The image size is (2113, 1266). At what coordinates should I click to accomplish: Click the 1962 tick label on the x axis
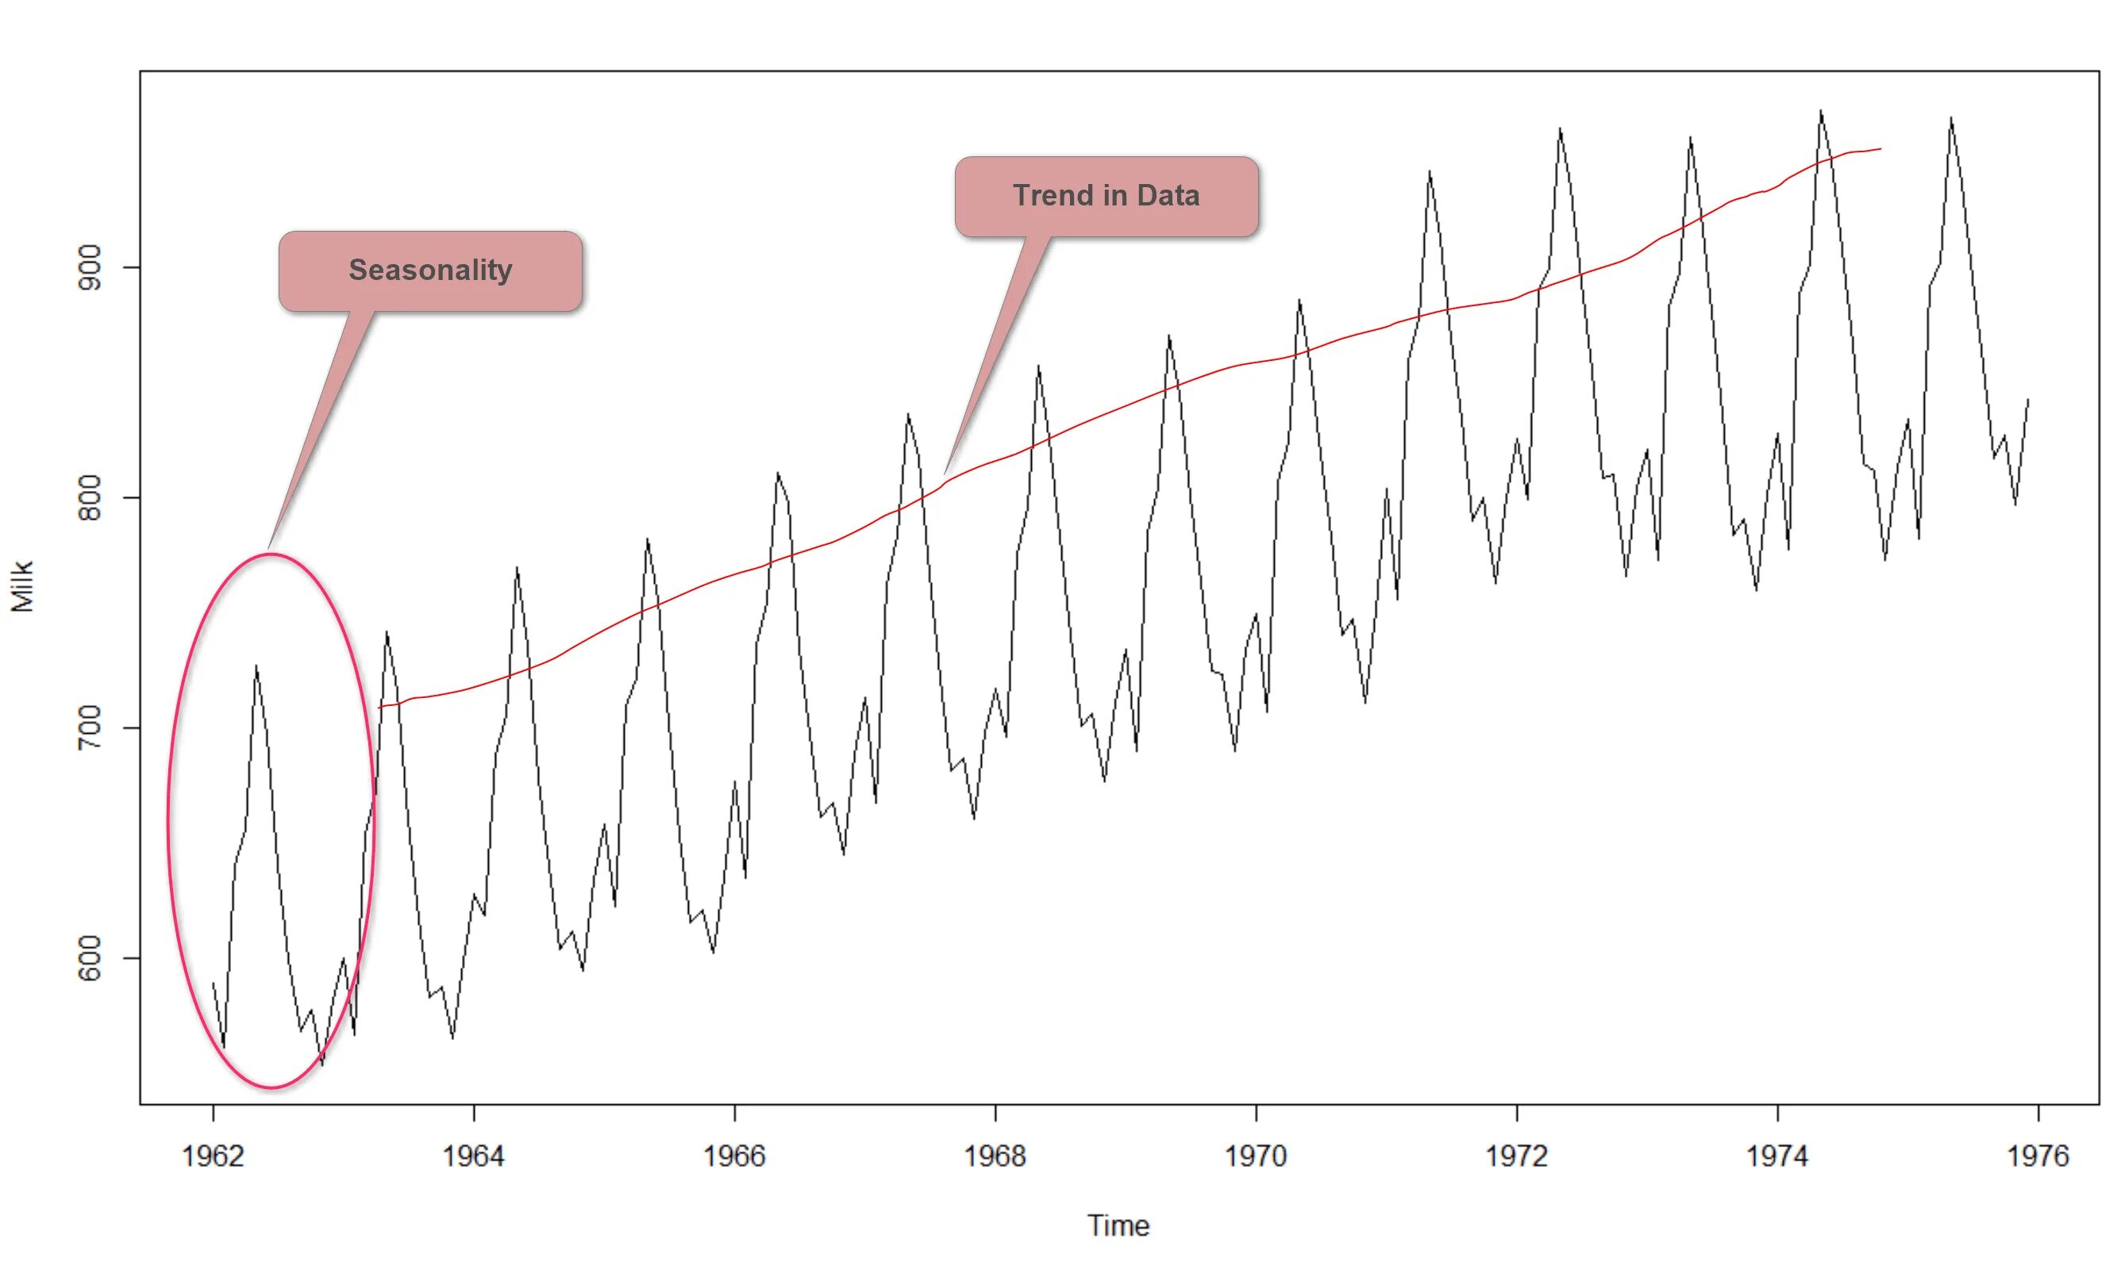tap(213, 1156)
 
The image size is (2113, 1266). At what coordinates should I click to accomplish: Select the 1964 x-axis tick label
tap(474, 1156)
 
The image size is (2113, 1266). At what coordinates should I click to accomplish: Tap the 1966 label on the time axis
tap(734, 1156)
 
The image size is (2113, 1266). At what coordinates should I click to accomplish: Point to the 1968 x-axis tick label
tap(995, 1156)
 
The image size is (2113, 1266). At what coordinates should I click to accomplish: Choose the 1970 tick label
tap(1257, 1156)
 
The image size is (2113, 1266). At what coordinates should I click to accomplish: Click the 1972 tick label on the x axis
tap(1516, 1156)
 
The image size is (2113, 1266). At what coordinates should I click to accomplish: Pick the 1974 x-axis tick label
tap(1777, 1156)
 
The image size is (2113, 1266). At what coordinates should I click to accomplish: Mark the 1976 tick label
tap(2038, 1156)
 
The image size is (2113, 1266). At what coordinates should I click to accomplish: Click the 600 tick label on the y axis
tap(90, 958)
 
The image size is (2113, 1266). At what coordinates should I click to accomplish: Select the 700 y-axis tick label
tap(90, 727)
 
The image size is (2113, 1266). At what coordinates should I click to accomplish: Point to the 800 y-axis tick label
tap(90, 497)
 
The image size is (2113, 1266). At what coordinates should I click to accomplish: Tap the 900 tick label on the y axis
tap(90, 267)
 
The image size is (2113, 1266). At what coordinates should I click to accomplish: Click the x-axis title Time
tap(1118, 1226)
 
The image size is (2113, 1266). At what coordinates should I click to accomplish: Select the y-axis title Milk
tap(22, 586)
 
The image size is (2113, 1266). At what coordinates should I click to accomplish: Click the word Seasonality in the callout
tap(430, 270)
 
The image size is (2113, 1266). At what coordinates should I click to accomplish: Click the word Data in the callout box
tap(1168, 195)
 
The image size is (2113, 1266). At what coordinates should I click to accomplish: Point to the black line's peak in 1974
tap(1820, 111)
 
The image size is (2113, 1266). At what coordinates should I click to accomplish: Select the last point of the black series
tap(2027, 398)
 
